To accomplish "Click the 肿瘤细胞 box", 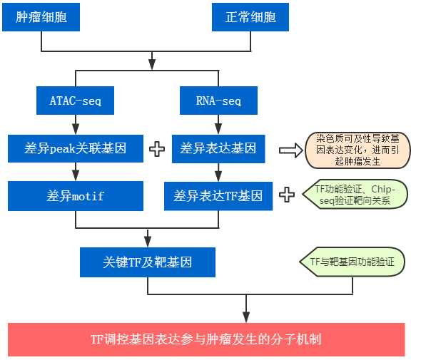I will pyautogui.click(x=42, y=17).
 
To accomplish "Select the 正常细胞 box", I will pyautogui.click(x=250, y=17).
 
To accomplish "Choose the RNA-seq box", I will pyautogui.click(x=218, y=101).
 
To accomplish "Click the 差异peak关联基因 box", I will pyautogui.click(x=75, y=148).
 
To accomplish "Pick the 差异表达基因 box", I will pyautogui.click(x=218, y=148).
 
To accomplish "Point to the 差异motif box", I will pyautogui.click(x=75, y=195).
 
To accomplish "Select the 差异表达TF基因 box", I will pyautogui.click(x=218, y=195).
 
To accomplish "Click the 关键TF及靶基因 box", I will pyautogui.click(x=147, y=262).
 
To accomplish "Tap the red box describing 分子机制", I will pyautogui.click(x=206, y=339).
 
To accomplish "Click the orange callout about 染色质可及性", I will pyautogui.click(x=357, y=150).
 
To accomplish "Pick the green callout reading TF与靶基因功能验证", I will pyautogui.click(x=352, y=262).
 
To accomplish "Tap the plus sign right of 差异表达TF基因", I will pyautogui.click(x=287, y=195).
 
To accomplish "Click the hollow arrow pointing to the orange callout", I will pyautogui.click(x=290, y=150).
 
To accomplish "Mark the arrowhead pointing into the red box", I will pyautogui.click(x=246, y=317).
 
